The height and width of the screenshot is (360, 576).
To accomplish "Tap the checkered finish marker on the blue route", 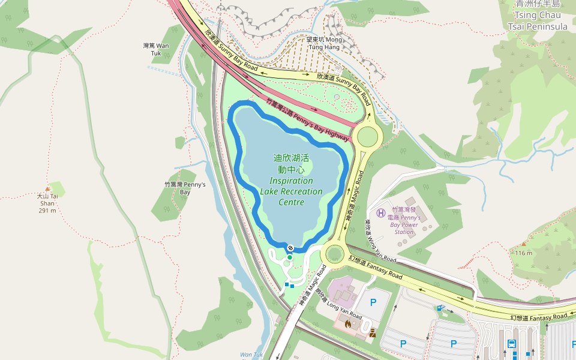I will click(x=290, y=248).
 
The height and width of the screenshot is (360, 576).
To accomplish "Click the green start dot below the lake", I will click(x=289, y=257).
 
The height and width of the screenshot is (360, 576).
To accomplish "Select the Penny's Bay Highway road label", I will click(x=307, y=120).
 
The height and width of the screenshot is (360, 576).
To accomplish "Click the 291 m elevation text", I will click(x=47, y=211).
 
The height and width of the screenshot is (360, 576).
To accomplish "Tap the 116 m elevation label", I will click(x=523, y=253).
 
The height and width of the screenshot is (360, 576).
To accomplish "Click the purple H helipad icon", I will click(x=380, y=212).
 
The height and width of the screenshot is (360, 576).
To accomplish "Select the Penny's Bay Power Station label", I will click(x=404, y=221).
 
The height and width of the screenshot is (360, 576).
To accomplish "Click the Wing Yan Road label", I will click(x=380, y=239).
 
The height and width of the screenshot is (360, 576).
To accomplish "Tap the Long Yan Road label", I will click(x=339, y=307).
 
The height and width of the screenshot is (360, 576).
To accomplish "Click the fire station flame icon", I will click(x=347, y=323).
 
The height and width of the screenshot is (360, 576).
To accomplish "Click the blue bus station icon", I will click(x=512, y=344).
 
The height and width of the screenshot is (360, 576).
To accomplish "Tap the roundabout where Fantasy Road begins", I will click(x=334, y=254).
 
